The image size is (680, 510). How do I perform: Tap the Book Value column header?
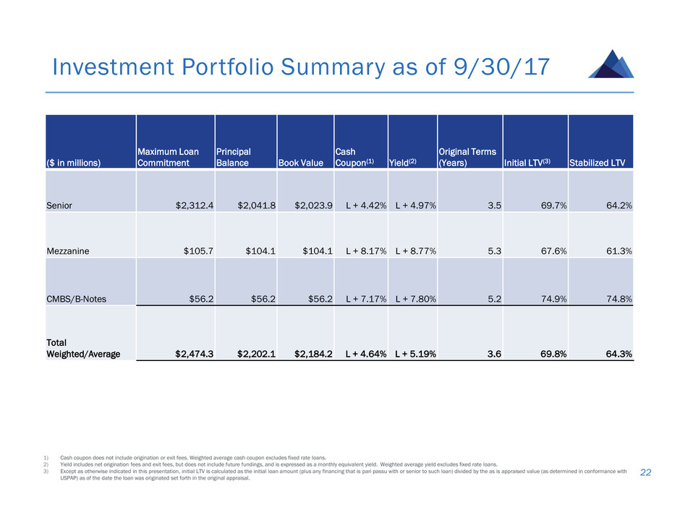click(x=305, y=162)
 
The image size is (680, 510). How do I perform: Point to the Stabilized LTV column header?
click(x=601, y=162)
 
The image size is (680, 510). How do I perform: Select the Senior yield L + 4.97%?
click(x=415, y=205)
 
